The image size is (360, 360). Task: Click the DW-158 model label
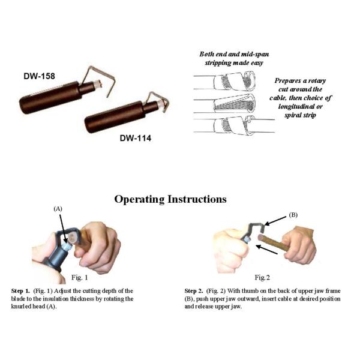[39, 76]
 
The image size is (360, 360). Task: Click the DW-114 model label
[136, 138]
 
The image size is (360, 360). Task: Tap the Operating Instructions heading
[170, 199]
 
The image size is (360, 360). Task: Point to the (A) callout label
[58, 209]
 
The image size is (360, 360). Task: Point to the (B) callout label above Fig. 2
[293, 215]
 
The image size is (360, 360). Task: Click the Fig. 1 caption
[79, 278]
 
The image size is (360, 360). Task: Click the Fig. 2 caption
[262, 278]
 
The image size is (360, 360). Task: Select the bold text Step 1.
[20, 291]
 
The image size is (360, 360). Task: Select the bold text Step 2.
[194, 291]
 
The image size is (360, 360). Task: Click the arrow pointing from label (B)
[275, 221]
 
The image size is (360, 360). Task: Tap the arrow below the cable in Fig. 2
[266, 250]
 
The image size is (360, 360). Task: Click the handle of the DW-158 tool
[51, 98]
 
